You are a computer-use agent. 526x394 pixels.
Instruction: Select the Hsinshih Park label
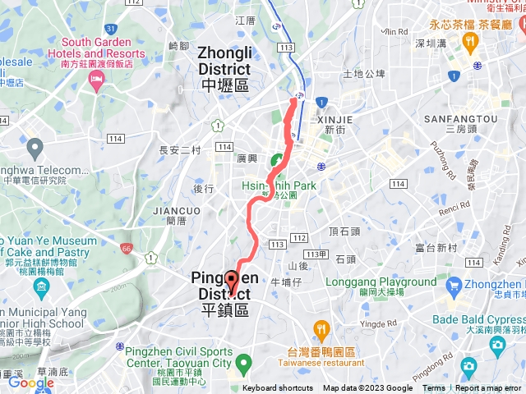coord(279,186)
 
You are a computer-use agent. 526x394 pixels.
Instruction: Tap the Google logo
coord(30,383)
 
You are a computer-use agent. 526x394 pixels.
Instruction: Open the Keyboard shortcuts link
coord(278,388)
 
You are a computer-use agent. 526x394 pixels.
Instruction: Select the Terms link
coord(434,388)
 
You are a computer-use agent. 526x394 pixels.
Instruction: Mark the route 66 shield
coord(126,247)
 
